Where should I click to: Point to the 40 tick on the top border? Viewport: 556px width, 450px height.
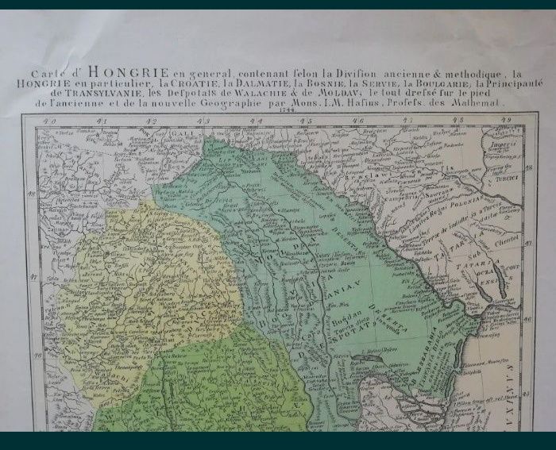pyautogui.click(x=52, y=120)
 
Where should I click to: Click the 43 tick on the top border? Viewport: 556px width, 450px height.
pyautogui.click(x=204, y=120)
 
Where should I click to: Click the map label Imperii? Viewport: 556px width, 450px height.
pyautogui.click(x=502, y=146)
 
